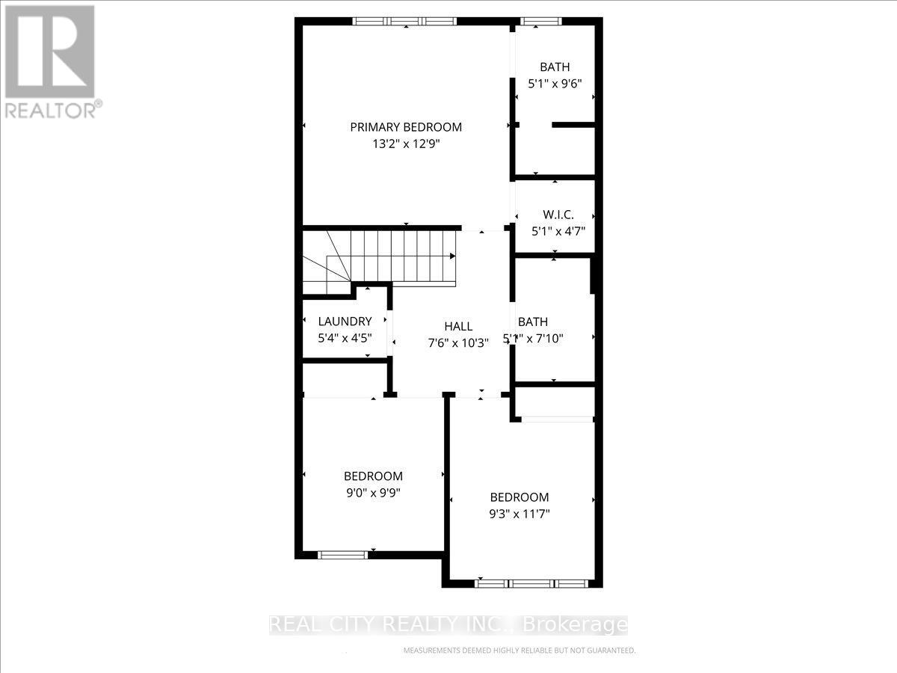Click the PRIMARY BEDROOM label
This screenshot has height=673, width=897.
click(x=406, y=127)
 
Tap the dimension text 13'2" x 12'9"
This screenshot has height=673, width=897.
click(x=406, y=145)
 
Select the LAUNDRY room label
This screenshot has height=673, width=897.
click(x=345, y=322)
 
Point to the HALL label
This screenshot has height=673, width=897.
click(x=458, y=326)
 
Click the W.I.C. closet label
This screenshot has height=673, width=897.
click(x=558, y=214)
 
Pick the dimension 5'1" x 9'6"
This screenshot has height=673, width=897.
click(x=555, y=84)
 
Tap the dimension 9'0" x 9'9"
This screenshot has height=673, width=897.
click(x=373, y=493)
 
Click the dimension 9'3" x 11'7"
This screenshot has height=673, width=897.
click(x=519, y=514)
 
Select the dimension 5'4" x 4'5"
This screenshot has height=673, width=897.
click(x=345, y=338)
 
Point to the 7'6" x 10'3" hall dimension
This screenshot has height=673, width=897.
click(x=458, y=343)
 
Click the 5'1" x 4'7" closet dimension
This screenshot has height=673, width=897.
click(x=558, y=231)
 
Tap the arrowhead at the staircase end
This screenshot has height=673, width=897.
click(x=452, y=256)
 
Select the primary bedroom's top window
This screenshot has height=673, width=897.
click(x=406, y=22)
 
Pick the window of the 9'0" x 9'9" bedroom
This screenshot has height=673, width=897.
click(x=343, y=554)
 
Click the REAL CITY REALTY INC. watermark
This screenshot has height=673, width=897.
click(x=449, y=624)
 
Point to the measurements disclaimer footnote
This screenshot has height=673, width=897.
click(x=519, y=651)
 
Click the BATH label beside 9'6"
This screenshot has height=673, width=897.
click(x=555, y=67)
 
